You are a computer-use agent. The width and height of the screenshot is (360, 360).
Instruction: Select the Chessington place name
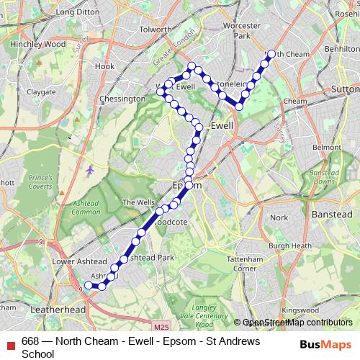pos(122,99)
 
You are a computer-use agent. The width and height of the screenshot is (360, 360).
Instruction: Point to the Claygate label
pos(41,92)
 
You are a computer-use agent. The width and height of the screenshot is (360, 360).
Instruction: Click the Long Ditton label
pos(76,12)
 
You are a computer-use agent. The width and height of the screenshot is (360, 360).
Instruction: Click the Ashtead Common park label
pos(86,207)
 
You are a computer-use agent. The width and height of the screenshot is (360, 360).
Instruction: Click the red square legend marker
pos(10,341)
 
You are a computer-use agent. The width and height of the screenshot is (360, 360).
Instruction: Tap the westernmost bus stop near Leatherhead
pos(89,285)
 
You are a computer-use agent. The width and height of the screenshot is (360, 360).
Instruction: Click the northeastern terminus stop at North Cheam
pos(271,53)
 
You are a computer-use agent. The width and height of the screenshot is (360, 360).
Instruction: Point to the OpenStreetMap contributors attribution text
pos(294,323)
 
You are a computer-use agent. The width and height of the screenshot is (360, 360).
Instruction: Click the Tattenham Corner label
pos(243,264)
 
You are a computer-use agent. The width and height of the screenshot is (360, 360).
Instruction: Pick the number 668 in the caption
pos(30,341)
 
